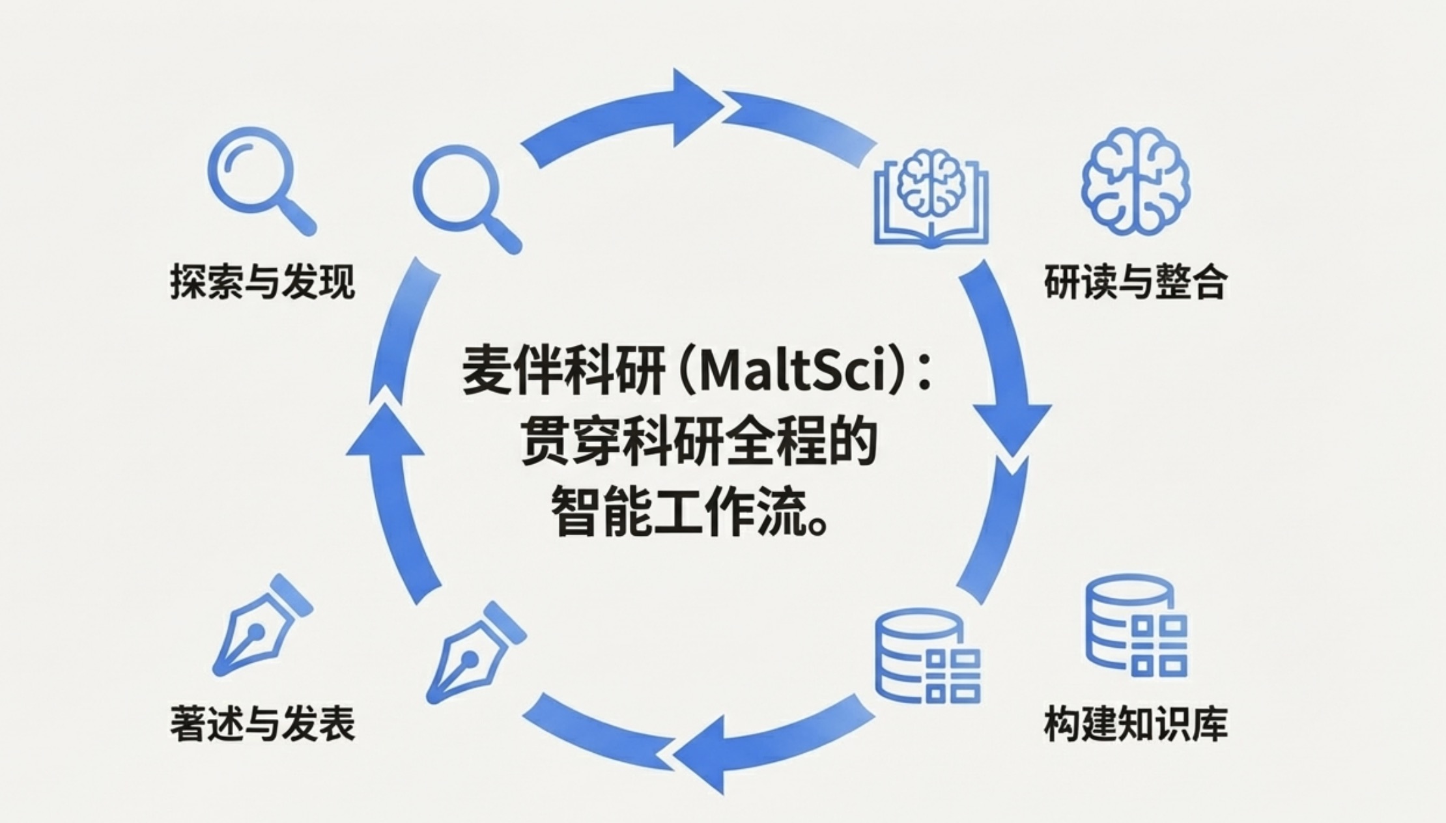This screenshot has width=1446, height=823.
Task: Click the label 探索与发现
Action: pyautogui.click(x=262, y=282)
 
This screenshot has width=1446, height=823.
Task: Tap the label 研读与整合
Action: pyautogui.click(x=1135, y=282)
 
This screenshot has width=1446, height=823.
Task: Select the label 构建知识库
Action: pyautogui.click(x=1135, y=723)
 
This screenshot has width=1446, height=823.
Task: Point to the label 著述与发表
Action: pyautogui.click(x=262, y=723)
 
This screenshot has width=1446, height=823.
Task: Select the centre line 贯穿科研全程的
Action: pyautogui.click(x=698, y=443)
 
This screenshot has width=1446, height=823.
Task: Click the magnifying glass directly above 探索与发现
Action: pyautogui.click(x=261, y=179)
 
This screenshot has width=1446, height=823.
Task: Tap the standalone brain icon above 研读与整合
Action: pyautogui.click(x=1135, y=180)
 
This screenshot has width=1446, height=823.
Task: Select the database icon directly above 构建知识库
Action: pyautogui.click(x=1136, y=625)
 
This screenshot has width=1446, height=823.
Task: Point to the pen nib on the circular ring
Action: pyautogui.click(x=475, y=651)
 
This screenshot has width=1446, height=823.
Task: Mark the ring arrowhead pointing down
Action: pyautogui.click(x=1012, y=426)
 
